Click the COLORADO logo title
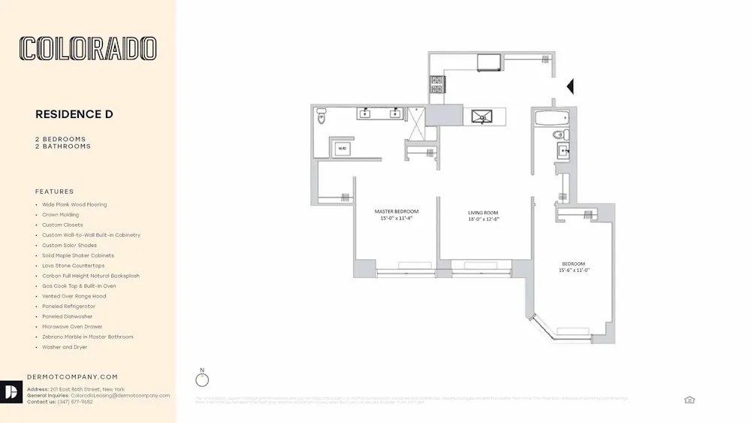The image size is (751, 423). pyautogui.click(x=88, y=49)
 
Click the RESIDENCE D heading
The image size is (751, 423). pyautogui.click(x=74, y=114)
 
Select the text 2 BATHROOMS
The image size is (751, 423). pyautogui.click(x=63, y=147)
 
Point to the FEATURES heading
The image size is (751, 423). pyautogui.click(x=55, y=192)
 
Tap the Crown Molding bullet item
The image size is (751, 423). pyautogui.click(x=60, y=215)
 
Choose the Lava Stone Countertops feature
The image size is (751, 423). pyautogui.click(x=73, y=266)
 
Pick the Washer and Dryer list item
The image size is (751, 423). pyautogui.click(x=65, y=347)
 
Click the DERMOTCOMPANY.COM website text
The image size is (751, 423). pyautogui.click(x=72, y=376)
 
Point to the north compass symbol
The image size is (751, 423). pyautogui.click(x=202, y=379)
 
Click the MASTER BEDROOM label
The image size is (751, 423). pyautogui.click(x=397, y=212)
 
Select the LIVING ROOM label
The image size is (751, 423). pyautogui.click(x=483, y=213)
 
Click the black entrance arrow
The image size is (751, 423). pyautogui.click(x=569, y=86)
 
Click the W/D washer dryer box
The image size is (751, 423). pyautogui.click(x=342, y=148)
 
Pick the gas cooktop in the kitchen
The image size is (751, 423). pyautogui.click(x=437, y=85)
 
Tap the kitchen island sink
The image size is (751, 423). pyautogui.click(x=480, y=116)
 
